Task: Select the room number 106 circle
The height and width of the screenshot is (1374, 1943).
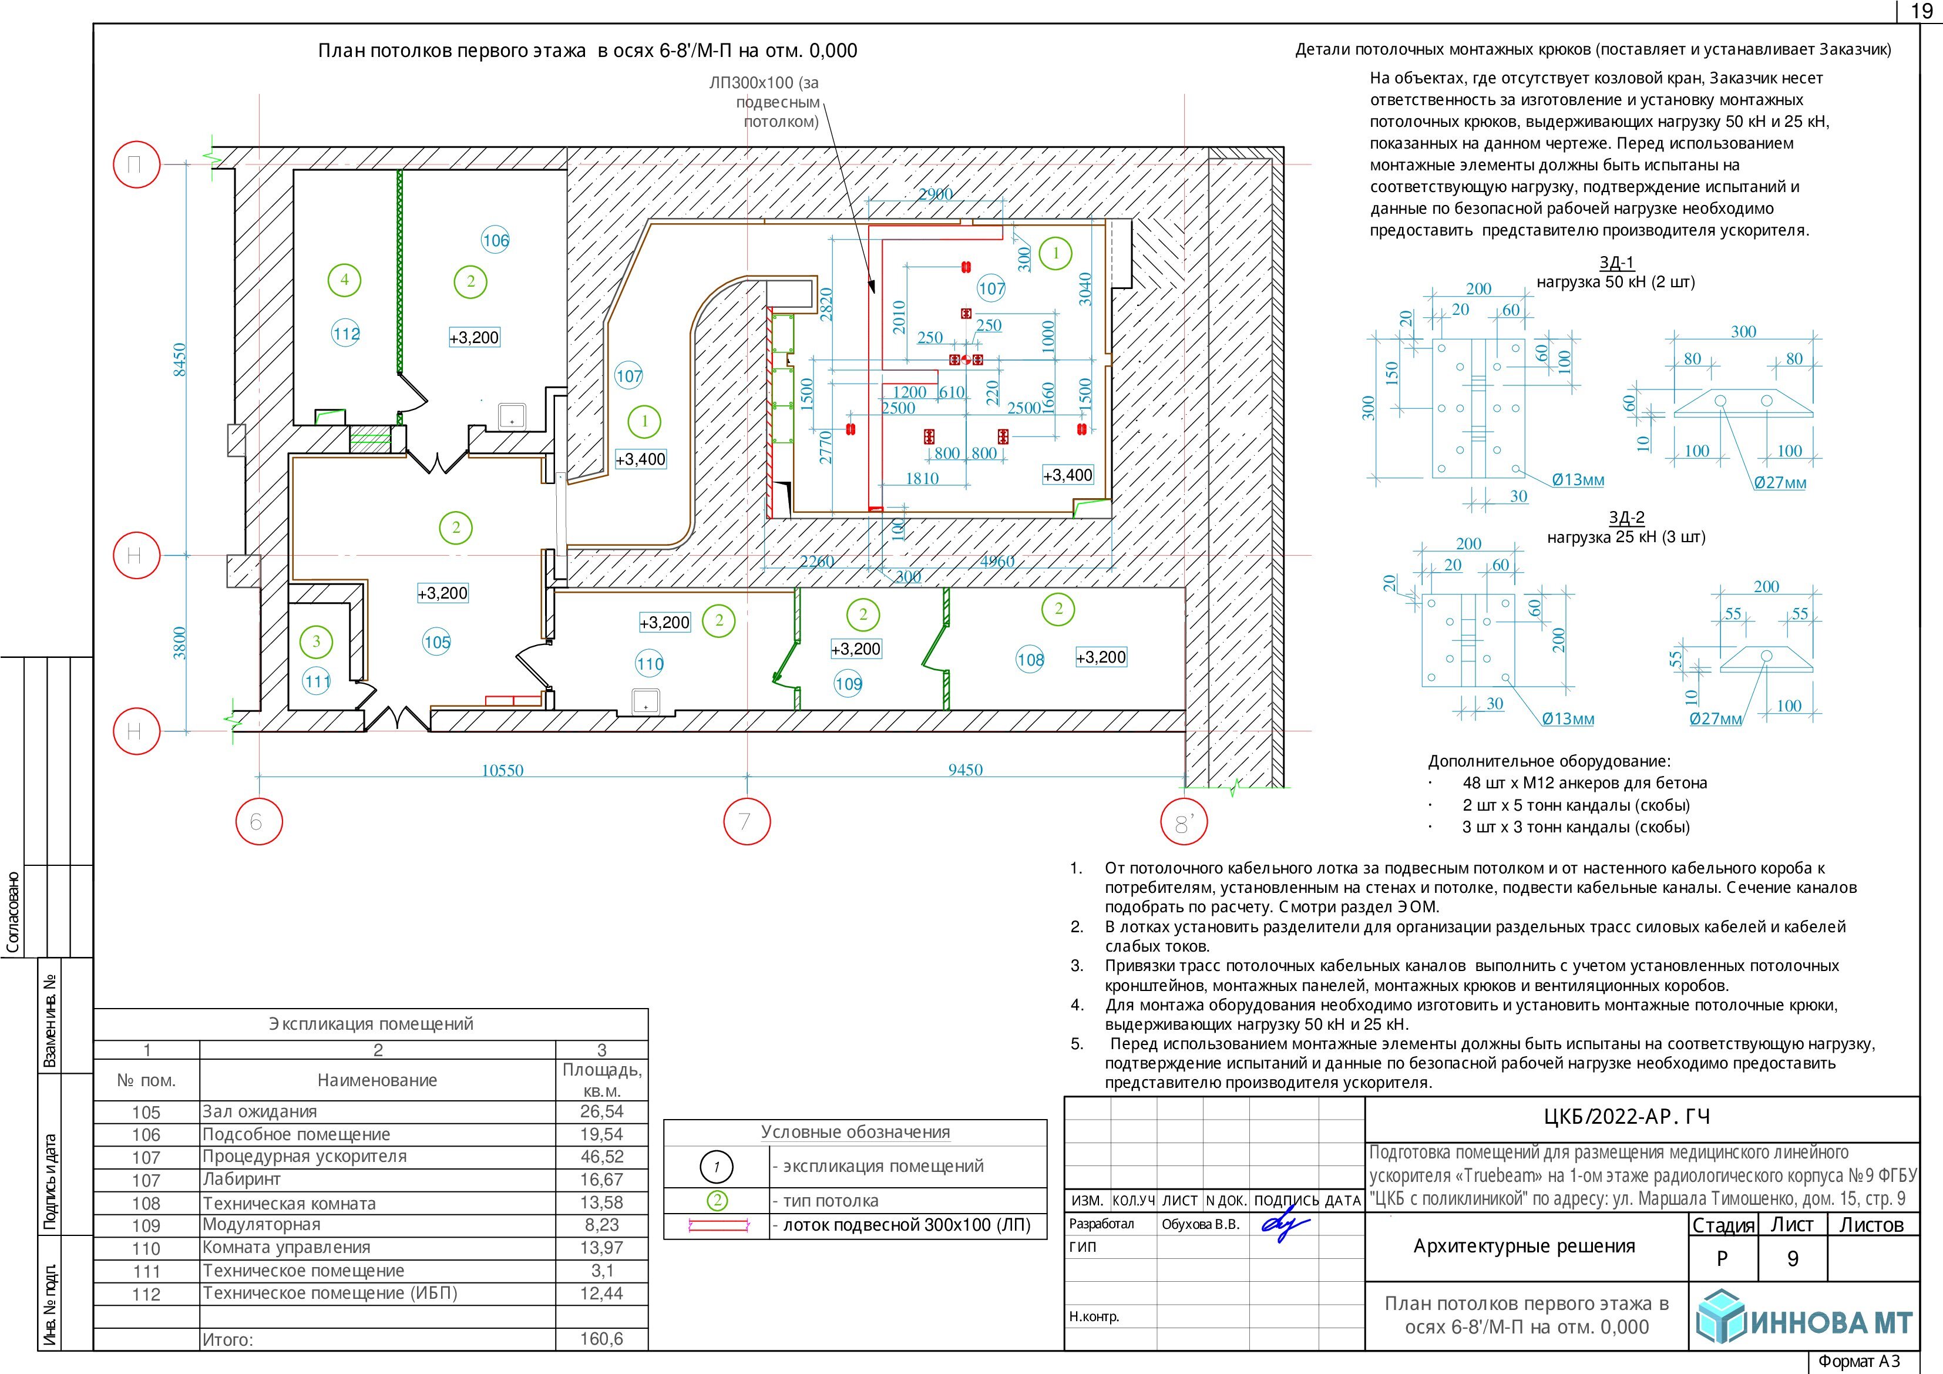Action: [x=496, y=240]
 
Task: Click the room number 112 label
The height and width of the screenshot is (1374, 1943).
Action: [x=346, y=334]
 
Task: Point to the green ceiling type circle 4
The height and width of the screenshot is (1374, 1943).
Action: [x=344, y=280]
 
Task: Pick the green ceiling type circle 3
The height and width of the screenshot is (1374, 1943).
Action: [x=317, y=641]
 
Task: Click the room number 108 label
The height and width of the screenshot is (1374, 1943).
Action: [x=1031, y=660]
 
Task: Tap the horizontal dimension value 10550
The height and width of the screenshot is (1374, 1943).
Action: [x=503, y=770]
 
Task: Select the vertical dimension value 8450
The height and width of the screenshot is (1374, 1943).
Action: [x=179, y=360]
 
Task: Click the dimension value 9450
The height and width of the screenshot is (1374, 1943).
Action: [x=966, y=770]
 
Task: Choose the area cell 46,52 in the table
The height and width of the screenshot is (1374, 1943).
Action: [x=601, y=1157]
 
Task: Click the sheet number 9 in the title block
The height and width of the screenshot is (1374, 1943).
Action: [x=1793, y=1259]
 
